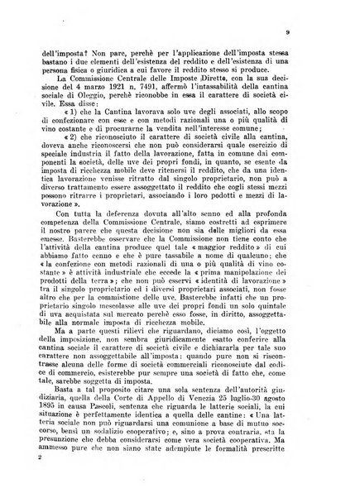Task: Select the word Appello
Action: pos(152,381)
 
